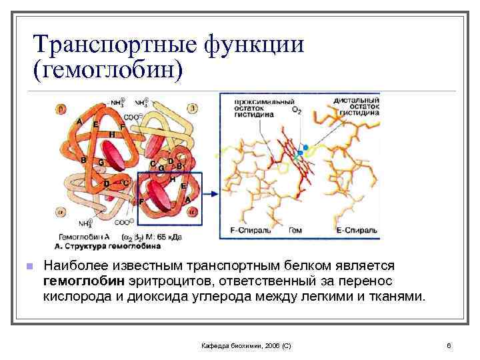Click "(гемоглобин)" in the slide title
[106, 69]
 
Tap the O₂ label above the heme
[297, 111]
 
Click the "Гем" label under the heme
[295, 231]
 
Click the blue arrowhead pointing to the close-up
[213, 194]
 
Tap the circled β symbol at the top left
[62, 107]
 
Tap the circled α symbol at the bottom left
[62, 213]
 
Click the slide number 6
[449, 345]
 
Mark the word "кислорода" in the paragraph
[79, 296]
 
